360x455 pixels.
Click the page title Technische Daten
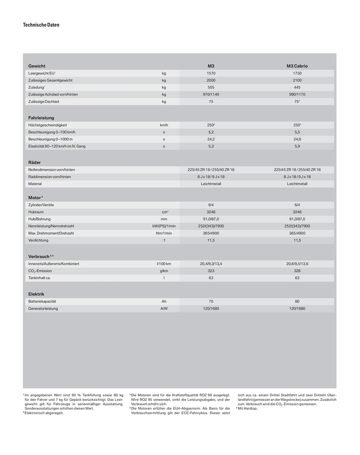tap(41, 25)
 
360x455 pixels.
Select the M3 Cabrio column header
tap(297, 66)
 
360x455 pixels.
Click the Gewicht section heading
tap(37, 66)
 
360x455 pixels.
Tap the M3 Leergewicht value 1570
tap(211, 74)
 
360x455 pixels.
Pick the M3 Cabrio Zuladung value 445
tap(297, 87)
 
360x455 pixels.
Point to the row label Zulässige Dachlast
tap(44, 102)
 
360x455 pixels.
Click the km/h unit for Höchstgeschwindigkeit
tap(164, 125)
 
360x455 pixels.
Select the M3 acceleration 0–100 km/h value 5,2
tap(211, 132)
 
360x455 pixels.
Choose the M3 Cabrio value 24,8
tap(297, 139)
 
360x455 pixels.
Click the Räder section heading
tap(35, 162)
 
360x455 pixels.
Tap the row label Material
tap(35, 184)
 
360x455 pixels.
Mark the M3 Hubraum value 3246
tap(211, 212)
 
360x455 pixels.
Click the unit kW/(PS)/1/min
tap(164, 226)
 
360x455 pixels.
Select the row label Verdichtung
tap(39, 240)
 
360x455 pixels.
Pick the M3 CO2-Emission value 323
tap(211, 271)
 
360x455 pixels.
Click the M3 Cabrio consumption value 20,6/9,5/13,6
tap(297, 264)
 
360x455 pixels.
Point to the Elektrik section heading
tap(36, 294)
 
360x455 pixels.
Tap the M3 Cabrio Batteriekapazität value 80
tap(297, 301)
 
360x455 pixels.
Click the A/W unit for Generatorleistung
tap(164, 308)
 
